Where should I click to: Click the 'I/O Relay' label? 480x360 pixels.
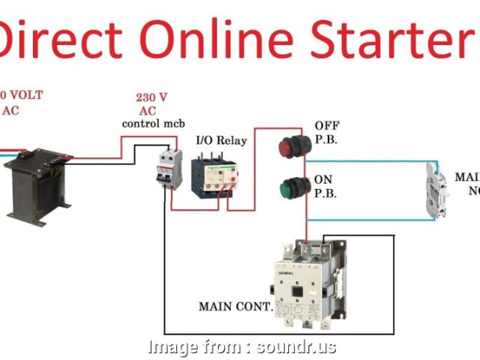point(220,140)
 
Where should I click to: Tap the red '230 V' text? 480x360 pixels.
point(151,97)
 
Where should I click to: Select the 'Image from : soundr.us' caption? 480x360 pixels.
point(242,347)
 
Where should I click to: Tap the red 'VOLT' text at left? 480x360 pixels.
point(26,95)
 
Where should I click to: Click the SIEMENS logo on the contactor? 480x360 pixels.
point(288,274)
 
